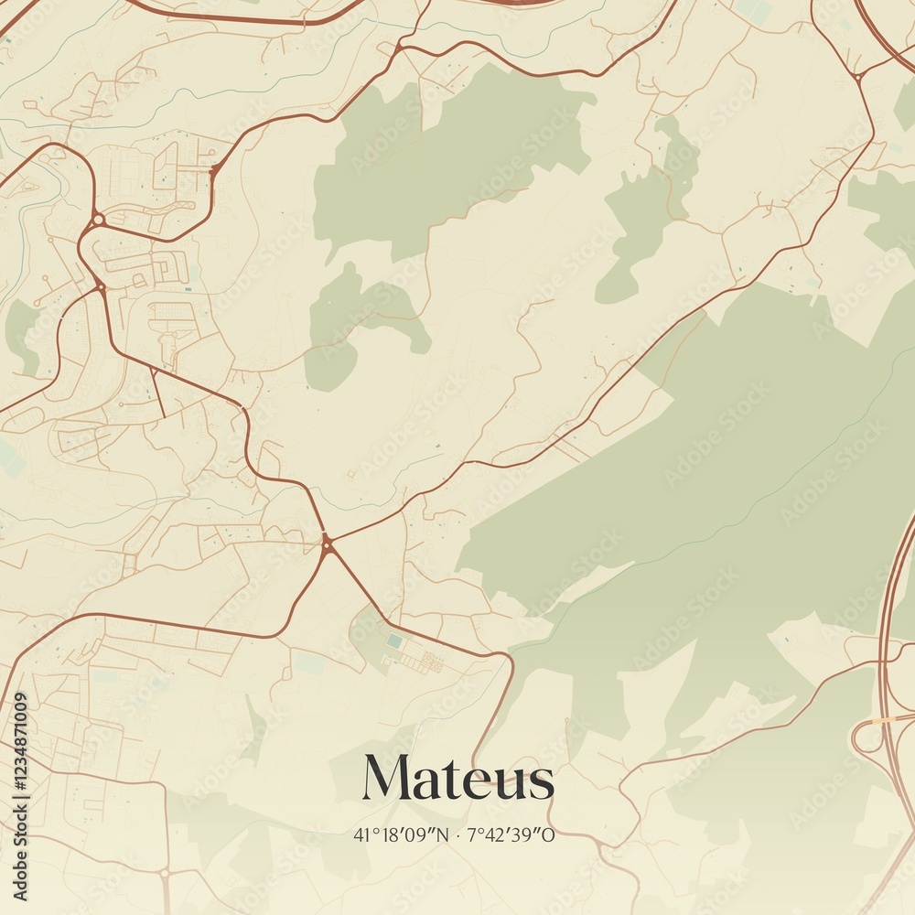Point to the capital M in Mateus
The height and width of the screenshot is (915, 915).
[x=386, y=780]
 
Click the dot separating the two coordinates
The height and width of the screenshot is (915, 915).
[x=457, y=834]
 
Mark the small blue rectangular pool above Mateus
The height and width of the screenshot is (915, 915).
[x=393, y=641]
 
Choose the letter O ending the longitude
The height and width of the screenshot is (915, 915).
[x=550, y=834]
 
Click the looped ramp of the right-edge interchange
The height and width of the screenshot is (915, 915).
[x=865, y=737]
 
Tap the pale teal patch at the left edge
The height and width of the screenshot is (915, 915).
[x=11, y=457]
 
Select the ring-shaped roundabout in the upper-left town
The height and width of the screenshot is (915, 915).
[x=97, y=220]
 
